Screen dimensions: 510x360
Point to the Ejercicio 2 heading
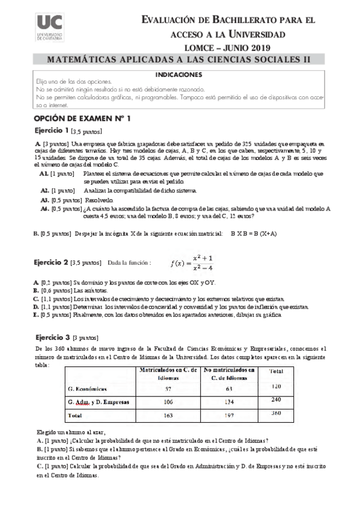pos(51,263)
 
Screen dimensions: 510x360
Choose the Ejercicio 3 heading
pos(51,337)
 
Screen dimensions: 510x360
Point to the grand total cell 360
pos(276,414)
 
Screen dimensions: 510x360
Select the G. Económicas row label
pos(87,389)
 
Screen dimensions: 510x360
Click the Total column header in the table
pos(276,371)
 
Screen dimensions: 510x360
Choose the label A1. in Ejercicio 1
pos(44,173)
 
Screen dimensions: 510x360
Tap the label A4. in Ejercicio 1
pos(44,209)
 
